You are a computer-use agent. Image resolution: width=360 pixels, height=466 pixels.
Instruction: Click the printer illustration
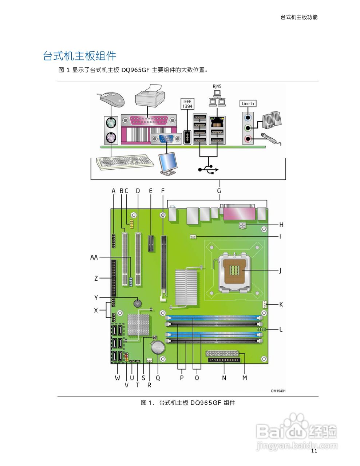[x=149, y=95]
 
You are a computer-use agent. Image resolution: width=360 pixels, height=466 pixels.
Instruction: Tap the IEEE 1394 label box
[x=187, y=104]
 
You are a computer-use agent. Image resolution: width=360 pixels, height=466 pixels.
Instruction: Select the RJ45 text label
[x=217, y=86]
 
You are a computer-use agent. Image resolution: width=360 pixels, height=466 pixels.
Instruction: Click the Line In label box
[x=248, y=104]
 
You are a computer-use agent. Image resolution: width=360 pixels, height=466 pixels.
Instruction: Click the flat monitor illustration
[x=169, y=164]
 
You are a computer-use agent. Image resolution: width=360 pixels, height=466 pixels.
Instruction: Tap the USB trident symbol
[x=208, y=169]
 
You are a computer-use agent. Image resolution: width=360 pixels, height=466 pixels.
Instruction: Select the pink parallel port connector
[x=149, y=120]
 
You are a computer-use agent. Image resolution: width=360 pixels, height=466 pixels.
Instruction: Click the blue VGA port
[x=166, y=139]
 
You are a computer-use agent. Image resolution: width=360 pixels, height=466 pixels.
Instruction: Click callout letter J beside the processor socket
[x=280, y=271]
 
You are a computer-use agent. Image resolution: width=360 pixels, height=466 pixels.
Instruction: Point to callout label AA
[x=94, y=257]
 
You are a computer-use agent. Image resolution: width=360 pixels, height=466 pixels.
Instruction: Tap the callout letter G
[x=219, y=191]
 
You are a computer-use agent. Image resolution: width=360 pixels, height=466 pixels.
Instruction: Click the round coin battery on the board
[x=158, y=348]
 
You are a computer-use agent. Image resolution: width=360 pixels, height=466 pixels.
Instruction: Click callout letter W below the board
[x=117, y=378]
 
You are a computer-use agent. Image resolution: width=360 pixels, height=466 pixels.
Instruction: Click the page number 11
[x=314, y=451]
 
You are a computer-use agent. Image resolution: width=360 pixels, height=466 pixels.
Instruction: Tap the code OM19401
[x=278, y=391]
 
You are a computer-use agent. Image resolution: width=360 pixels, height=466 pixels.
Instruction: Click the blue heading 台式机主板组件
[x=79, y=56]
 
